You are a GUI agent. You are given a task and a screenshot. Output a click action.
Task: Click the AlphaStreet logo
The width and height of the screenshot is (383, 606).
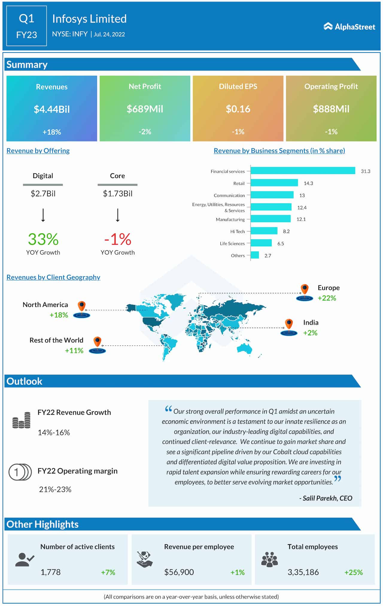(x=349, y=27)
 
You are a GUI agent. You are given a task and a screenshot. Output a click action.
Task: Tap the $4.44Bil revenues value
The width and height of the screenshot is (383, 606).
(x=52, y=109)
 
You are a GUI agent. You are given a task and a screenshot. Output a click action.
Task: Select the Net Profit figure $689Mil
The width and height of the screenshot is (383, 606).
(x=145, y=109)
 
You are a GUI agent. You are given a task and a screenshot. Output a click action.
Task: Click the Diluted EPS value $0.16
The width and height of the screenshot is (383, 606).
(x=238, y=109)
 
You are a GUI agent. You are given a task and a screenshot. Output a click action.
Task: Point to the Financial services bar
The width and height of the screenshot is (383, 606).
(x=303, y=171)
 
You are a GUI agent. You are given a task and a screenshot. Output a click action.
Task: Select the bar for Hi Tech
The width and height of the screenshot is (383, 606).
(x=264, y=231)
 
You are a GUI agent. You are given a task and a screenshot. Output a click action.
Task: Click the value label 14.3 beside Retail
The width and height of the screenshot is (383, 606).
(x=308, y=183)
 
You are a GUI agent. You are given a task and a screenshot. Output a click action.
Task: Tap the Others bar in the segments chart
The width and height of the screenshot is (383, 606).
(x=255, y=255)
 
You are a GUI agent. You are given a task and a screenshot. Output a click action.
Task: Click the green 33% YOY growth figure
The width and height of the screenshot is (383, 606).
(x=43, y=239)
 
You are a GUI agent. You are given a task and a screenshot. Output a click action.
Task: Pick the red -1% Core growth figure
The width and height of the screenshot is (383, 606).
(x=118, y=239)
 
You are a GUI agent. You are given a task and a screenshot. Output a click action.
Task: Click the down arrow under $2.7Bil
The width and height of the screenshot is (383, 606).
(x=43, y=215)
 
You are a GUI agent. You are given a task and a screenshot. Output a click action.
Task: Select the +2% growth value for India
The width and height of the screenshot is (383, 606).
(x=310, y=333)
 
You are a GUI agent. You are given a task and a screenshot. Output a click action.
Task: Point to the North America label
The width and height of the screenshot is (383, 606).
(x=45, y=305)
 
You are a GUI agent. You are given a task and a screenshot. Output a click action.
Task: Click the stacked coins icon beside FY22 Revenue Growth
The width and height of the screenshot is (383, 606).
(x=22, y=420)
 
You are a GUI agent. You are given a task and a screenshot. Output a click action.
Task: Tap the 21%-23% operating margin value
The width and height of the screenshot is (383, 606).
(x=55, y=489)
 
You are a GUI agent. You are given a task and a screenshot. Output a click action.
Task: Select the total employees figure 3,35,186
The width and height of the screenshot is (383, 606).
(x=303, y=572)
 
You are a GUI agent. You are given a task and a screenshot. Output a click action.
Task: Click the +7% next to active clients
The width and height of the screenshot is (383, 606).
(x=108, y=572)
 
